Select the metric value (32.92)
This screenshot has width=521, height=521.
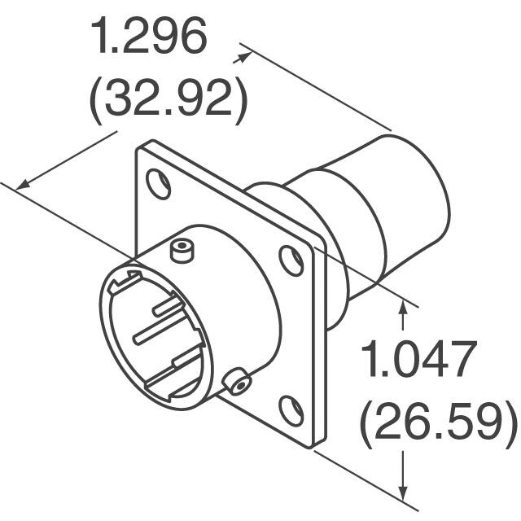click(168, 99)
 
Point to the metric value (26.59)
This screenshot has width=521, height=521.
click(438, 420)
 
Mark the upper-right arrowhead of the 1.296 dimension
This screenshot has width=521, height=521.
click(242, 57)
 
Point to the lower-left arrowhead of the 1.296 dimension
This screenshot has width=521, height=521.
click(23, 185)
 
